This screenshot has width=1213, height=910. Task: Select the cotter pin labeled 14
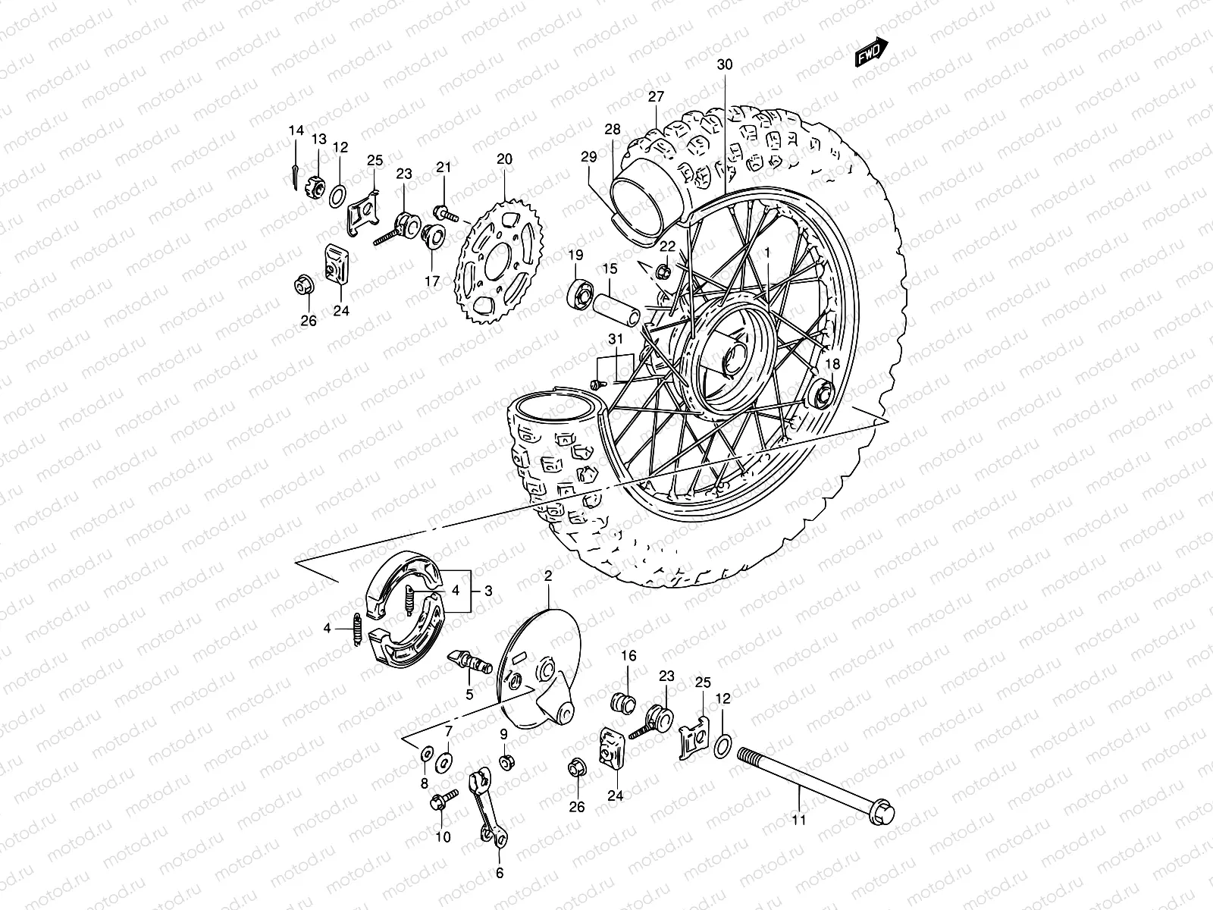(x=316, y=174)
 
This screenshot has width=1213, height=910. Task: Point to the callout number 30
(x=725, y=65)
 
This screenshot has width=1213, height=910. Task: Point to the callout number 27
(x=656, y=96)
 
